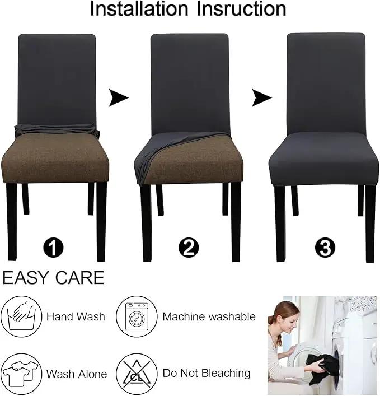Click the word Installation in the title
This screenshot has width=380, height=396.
pos(139,9)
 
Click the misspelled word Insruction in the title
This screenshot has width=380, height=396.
pos(241,9)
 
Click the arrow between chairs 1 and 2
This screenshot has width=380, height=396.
pos(118,97)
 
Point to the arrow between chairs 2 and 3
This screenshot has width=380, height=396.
pos(261,97)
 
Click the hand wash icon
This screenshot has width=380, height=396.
pos(21,316)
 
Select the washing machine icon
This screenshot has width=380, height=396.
pos(137,316)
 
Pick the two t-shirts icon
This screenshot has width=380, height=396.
pos(21,374)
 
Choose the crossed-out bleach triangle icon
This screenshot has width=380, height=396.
pos(137,374)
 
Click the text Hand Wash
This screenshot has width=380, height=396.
pos(76,316)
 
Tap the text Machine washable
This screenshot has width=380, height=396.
pos(209,316)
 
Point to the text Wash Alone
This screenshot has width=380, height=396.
pos(77,374)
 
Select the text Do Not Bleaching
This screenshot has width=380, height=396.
pos(207,373)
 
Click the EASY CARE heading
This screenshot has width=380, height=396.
pos(53,278)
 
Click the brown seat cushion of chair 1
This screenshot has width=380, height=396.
pos(55,158)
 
